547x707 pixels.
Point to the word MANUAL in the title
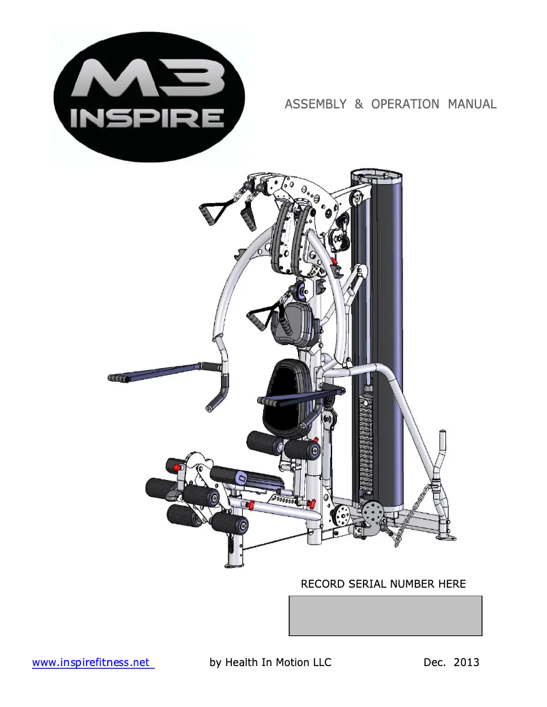[472, 104]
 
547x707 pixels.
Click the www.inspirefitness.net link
[93, 662]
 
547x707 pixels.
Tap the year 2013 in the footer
[466, 662]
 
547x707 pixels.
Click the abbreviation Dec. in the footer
[428, 662]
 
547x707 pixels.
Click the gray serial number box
[385, 615]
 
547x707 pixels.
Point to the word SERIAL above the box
[365, 584]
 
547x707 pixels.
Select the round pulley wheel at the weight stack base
[373, 511]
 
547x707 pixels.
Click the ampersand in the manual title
[358, 104]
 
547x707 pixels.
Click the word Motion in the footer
[292, 662]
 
